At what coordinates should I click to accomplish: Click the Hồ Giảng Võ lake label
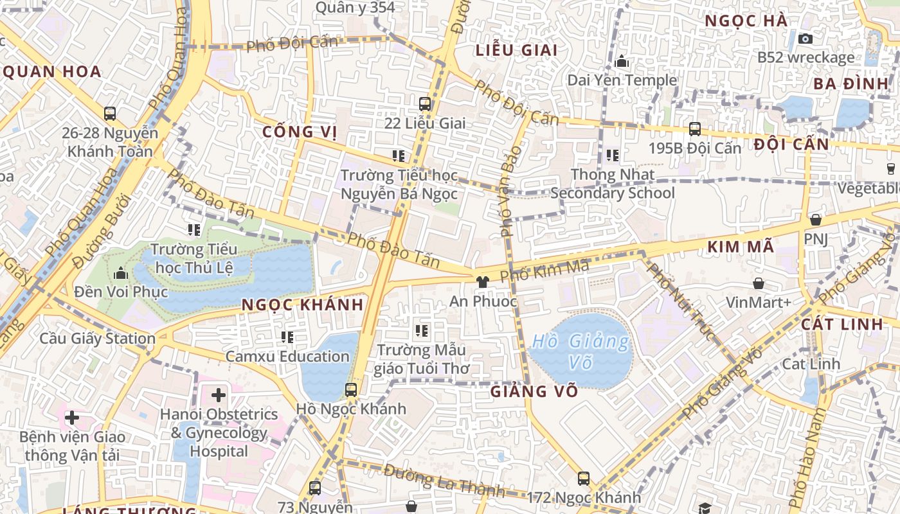(581, 351)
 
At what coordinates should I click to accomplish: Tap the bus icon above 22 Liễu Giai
(425, 103)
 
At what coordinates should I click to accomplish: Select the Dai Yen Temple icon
(622, 62)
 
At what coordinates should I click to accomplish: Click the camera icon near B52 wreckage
(805, 39)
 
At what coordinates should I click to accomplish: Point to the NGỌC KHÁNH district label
(303, 305)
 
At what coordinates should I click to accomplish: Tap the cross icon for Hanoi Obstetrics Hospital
(219, 394)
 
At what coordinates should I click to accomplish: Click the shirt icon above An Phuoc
(482, 281)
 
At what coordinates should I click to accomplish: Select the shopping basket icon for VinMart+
(759, 283)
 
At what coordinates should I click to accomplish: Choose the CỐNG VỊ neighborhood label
(300, 132)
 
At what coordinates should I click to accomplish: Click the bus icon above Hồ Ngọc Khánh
(350, 389)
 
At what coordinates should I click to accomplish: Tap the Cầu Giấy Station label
(98, 339)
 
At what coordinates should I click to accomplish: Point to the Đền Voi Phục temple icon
(120, 274)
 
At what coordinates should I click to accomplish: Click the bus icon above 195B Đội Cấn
(694, 128)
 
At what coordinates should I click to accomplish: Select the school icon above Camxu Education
(287, 337)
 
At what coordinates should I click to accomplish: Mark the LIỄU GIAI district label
(516, 50)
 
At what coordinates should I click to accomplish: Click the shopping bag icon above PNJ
(815, 220)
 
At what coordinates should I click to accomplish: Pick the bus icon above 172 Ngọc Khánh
(583, 478)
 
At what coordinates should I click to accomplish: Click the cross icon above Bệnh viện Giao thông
(71, 418)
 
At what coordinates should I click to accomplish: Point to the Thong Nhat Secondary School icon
(612, 155)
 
